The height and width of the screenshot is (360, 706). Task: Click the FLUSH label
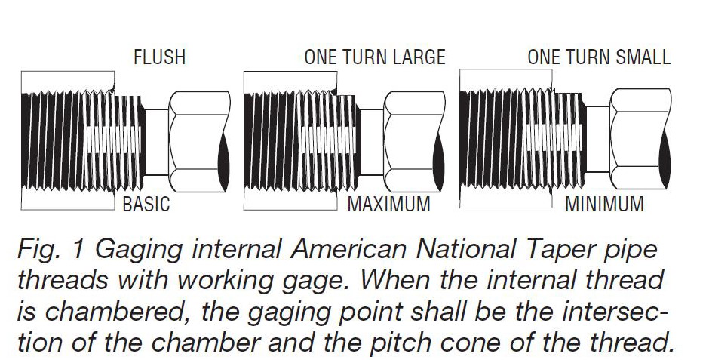[159, 57]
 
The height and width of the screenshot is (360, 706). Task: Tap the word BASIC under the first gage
[146, 204]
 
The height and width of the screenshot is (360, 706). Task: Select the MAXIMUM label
[389, 204]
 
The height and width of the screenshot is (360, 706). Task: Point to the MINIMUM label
[604, 204]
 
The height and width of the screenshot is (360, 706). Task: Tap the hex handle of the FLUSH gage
[199, 142]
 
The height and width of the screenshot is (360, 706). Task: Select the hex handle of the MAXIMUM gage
[414, 142]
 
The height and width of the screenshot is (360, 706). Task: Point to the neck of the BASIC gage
[157, 142]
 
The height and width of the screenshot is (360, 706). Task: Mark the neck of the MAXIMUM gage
[372, 142]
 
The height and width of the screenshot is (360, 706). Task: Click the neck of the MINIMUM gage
[597, 139]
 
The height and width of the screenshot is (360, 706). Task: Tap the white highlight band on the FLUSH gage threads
[113, 140]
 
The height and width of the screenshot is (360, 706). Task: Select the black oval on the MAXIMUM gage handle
[438, 161]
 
